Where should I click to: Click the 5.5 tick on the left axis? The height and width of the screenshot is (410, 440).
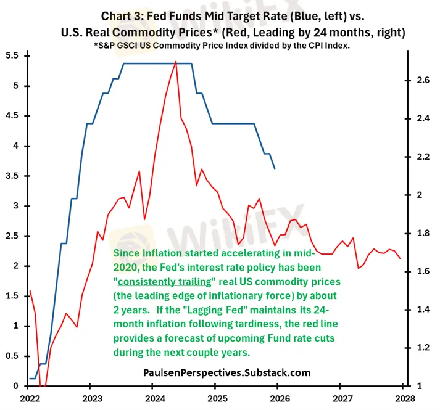coord(11,56)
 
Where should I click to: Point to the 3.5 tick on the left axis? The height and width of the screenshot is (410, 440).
coord(11,176)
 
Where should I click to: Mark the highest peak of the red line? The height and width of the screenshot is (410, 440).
coord(176,62)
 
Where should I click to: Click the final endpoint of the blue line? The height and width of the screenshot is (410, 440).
coord(275,168)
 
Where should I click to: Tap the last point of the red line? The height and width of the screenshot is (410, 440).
coord(400,258)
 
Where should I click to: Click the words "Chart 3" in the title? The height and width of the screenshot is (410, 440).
coord(120,14)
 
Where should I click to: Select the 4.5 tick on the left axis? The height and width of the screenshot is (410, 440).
coord(11,116)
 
